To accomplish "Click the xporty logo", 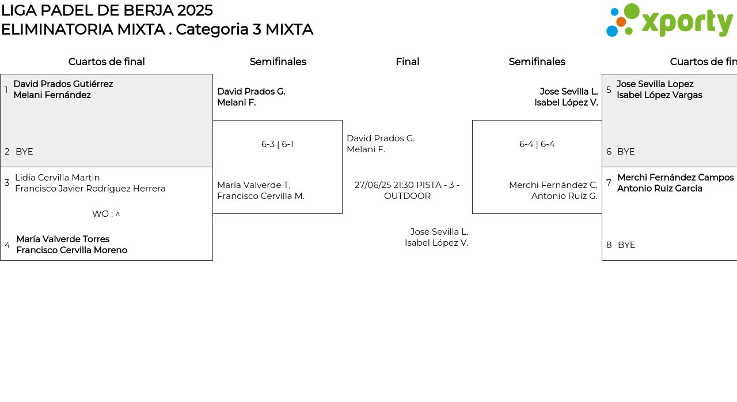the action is pos(669,20).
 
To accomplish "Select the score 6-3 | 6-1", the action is pos(278,144).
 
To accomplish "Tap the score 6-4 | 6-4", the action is pos(537,144).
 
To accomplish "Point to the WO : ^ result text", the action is pos(106,214).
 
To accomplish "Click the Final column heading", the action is pos(407,62).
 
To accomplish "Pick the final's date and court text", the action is pos(407,190).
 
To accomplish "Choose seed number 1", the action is pos(6,89).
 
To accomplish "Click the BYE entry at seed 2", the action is pos(24,152).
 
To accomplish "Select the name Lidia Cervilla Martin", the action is pos(57,178).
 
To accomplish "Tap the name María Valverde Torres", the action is pos(63,239).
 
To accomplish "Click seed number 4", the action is pos(7,245).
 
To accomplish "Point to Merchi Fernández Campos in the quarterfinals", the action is pos(675,178).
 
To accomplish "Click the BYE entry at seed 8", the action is pos(626,245).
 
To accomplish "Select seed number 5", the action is pos(609,89).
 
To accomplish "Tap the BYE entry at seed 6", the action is pos(626,152).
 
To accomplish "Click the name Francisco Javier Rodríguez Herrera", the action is pos(90,189).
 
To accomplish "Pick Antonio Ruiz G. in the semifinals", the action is pos(564,196).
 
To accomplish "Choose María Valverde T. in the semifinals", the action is pos(254,185).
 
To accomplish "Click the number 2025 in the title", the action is pos(195,10).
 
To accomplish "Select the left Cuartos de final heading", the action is pos(107,62).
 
